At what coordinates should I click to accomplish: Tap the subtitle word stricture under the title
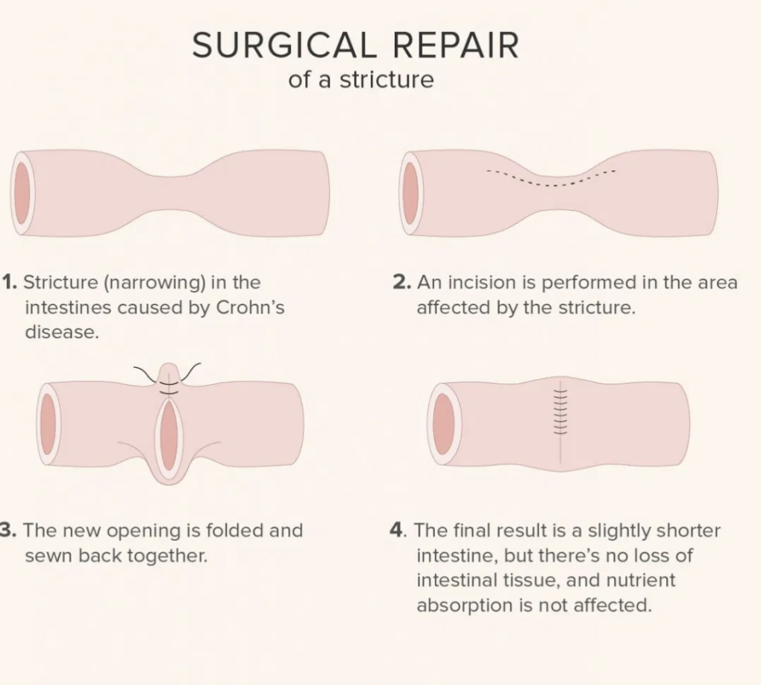pos(386,80)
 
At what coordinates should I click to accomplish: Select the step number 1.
pos(10,283)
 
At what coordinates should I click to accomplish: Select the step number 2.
pos(401,283)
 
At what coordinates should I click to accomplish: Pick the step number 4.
pos(397,531)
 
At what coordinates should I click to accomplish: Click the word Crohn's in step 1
pos(249,307)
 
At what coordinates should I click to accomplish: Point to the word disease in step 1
pos(61,333)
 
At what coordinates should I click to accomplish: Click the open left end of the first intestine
pos(22,193)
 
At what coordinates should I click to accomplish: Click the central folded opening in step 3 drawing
pos(169,437)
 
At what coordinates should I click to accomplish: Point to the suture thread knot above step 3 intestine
pos(168,379)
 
